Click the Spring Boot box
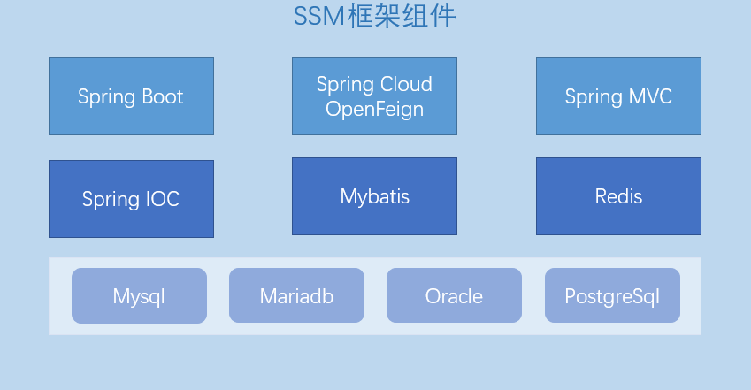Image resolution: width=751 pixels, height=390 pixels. pyautogui.click(x=131, y=96)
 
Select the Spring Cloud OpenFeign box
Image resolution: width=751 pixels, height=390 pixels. pyautogui.click(x=374, y=96)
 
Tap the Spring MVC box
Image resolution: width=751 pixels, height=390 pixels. pyautogui.click(x=619, y=96)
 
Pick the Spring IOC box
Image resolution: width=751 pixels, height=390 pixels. pyautogui.click(x=131, y=199)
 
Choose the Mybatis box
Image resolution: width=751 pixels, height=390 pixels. pyautogui.click(x=374, y=196)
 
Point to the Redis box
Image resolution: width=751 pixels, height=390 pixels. pyautogui.click(x=619, y=196)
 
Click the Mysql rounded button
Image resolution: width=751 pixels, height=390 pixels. pyautogui.click(x=140, y=295)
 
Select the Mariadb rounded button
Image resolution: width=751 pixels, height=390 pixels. pyautogui.click(x=296, y=295)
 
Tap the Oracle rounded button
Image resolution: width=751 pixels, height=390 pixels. pyautogui.click(x=454, y=295)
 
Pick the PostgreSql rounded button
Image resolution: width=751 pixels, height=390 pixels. pyautogui.click(x=613, y=295)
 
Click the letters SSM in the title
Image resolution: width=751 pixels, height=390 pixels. pyautogui.click(x=319, y=16)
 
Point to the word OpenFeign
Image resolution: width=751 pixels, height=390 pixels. pyautogui.click(x=374, y=110)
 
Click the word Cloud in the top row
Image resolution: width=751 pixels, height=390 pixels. pyautogui.click(x=406, y=84)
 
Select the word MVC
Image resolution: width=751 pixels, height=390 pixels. pyautogui.click(x=650, y=96)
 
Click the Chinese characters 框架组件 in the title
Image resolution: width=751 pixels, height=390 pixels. pyautogui.click(x=401, y=16)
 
